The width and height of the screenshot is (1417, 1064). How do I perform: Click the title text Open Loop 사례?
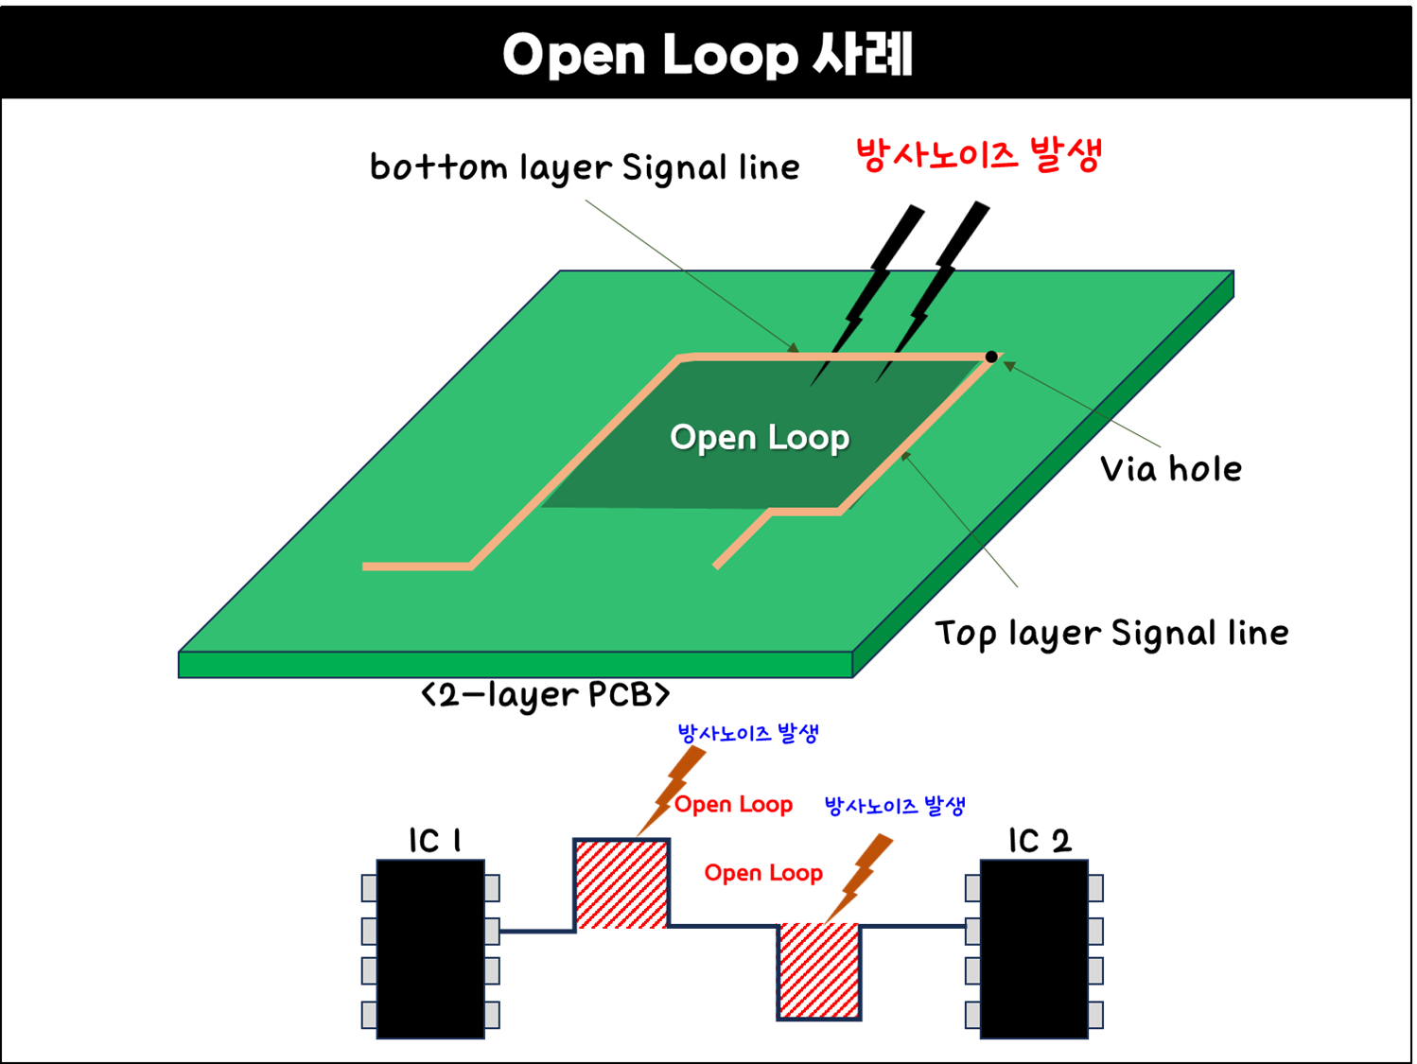coord(708,55)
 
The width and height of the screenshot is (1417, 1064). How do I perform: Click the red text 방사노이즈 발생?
coord(978,154)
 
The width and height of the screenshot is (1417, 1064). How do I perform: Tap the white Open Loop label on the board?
coord(760,438)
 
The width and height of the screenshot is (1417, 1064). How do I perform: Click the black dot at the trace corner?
coord(990,357)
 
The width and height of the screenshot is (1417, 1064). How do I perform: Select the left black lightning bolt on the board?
coord(856,317)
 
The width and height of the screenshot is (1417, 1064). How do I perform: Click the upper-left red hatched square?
coord(621,884)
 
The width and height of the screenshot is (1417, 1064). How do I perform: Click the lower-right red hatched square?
coord(819,969)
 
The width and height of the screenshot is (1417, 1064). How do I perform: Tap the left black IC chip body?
coord(430,949)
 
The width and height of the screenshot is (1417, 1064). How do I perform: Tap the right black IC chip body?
coord(1034,949)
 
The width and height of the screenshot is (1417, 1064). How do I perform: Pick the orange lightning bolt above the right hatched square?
coord(864,875)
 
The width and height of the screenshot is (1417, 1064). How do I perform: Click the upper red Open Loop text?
coord(734,805)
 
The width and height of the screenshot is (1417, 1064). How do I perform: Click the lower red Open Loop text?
coord(763,873)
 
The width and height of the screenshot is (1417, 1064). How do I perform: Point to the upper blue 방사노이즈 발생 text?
coord(747,734)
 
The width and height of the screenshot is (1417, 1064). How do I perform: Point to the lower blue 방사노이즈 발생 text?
coord(894,807)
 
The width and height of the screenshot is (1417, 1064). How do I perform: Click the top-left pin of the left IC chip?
coord(369,888)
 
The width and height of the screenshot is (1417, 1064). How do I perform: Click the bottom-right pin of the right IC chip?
coord(1095,1015)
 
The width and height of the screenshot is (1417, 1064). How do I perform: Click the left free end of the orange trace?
coord(368,567)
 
